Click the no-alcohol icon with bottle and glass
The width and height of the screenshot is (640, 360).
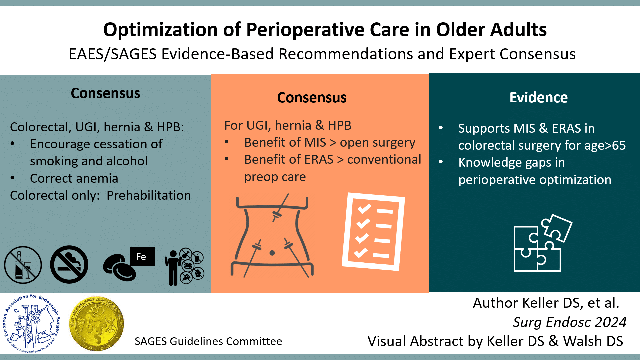tap(23, 265)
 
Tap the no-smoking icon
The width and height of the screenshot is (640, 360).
tap(69, 265)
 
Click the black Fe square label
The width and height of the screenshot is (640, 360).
tap(142, 257)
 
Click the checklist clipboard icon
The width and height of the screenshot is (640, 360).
tap(373, 232)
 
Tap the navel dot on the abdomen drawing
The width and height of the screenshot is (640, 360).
tap(272, 253)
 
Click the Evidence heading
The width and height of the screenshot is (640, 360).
tap(538, 98)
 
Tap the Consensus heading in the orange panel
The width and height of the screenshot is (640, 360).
tap(312, 98)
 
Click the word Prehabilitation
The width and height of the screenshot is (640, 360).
tap(149, 195)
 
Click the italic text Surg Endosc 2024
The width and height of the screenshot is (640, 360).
tap(569, 322)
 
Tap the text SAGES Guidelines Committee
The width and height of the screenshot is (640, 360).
tap(208, 341)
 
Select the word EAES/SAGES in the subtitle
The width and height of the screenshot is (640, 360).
tap(113, 54)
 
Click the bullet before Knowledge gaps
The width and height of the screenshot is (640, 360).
tap(441, 162)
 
